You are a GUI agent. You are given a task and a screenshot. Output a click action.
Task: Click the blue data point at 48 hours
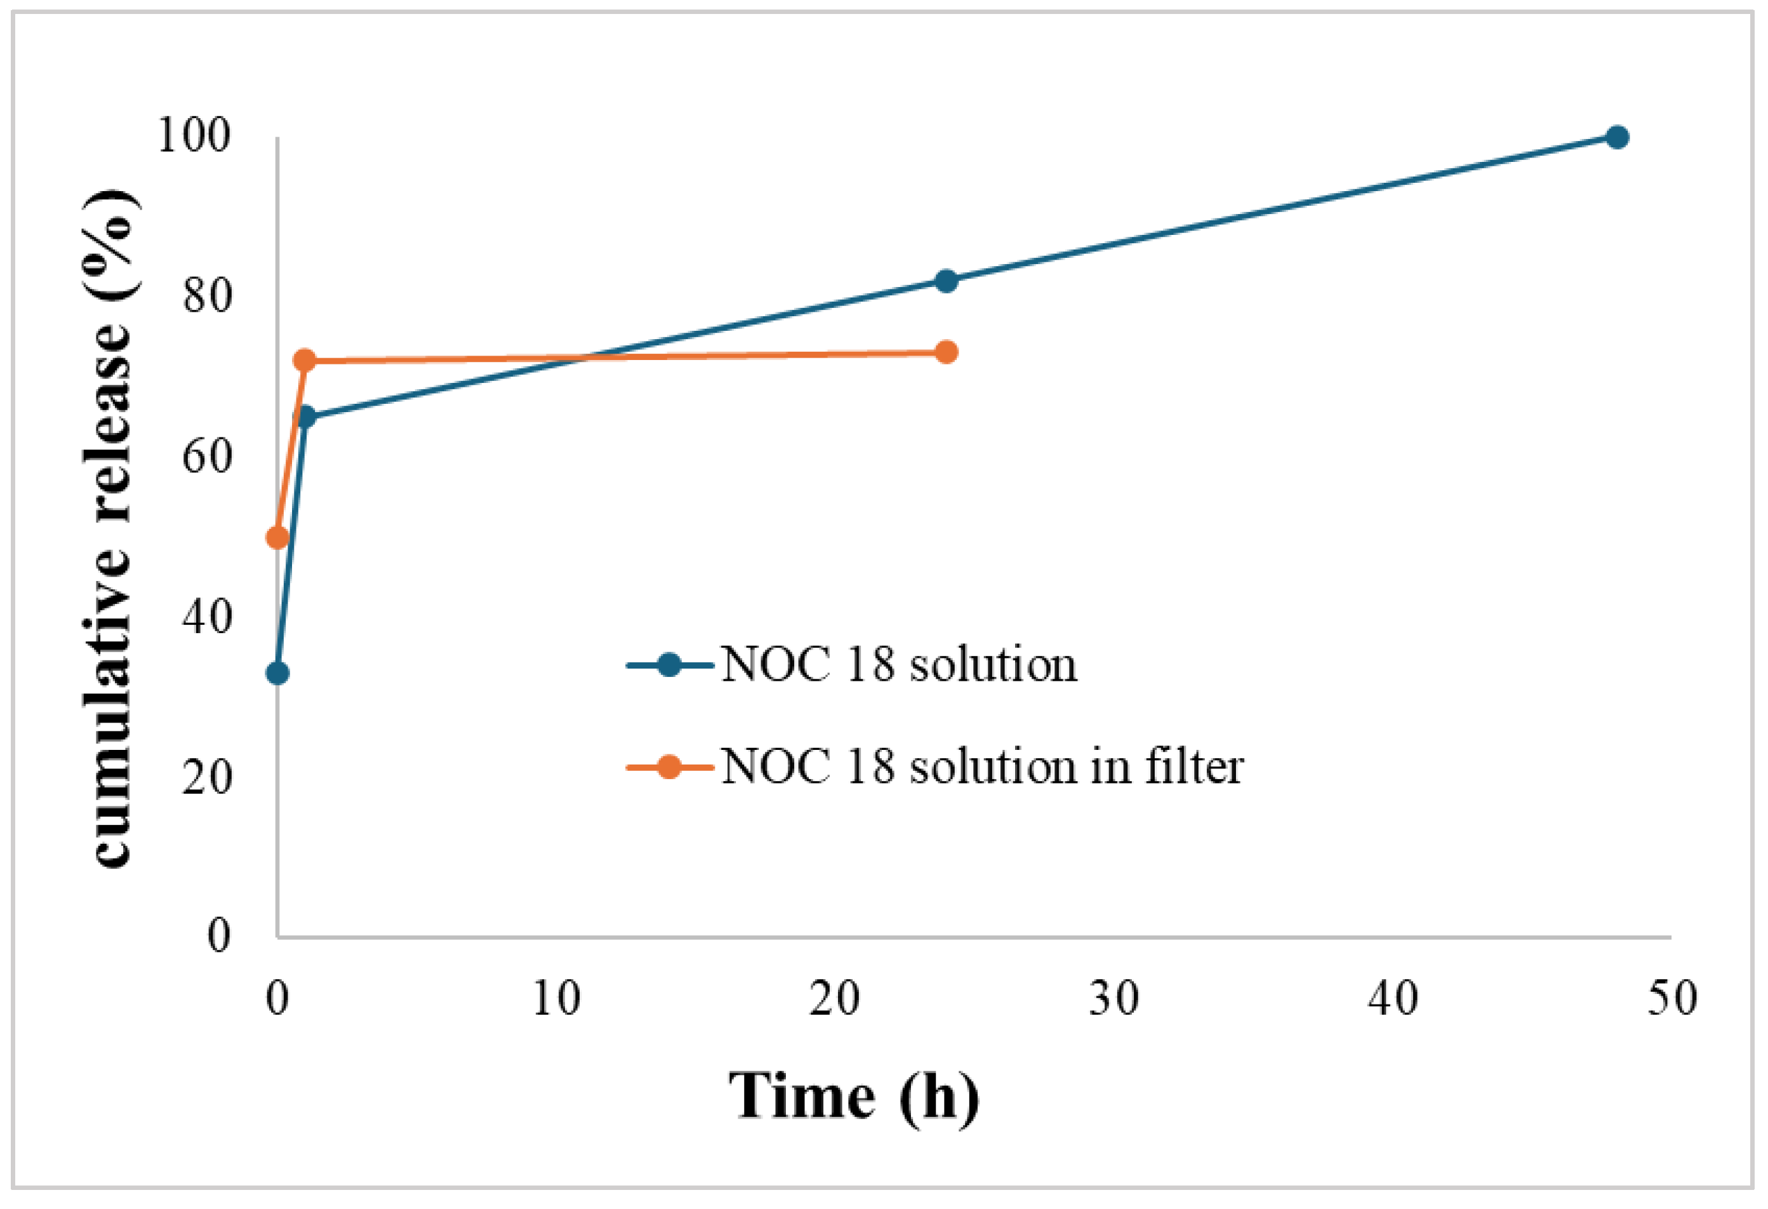[1617, 137]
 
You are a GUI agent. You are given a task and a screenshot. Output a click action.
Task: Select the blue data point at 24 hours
[946, 281]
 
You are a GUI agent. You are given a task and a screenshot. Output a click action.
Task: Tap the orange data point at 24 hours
[946, 352]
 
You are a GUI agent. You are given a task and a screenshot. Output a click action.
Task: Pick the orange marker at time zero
[277, 538]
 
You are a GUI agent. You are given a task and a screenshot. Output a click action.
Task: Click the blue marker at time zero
[277, 672]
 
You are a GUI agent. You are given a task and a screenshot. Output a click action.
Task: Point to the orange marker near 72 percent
[304, 360]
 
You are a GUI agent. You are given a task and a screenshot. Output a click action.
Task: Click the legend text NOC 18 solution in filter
[981, 766]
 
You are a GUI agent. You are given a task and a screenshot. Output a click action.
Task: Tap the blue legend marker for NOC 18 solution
[670, 665]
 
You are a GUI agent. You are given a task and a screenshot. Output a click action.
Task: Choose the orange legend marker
[670, 766]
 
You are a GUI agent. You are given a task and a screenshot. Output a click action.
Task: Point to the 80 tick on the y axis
[207, 296]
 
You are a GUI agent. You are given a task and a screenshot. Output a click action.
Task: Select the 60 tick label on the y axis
[207, 457]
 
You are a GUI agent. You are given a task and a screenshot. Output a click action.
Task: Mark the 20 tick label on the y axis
[207, 778]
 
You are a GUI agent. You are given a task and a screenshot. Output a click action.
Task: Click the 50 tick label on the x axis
[1672, 998]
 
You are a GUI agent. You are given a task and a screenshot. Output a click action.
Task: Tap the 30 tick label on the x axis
[1113, 998]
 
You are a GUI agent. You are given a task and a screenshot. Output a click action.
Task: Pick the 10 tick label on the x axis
[556, 998]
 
